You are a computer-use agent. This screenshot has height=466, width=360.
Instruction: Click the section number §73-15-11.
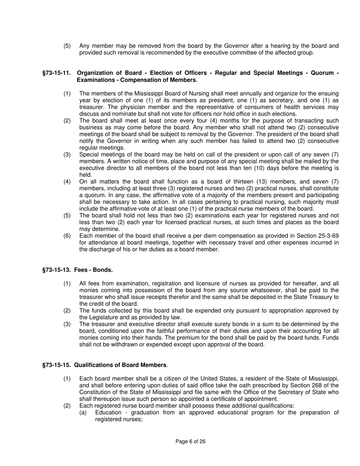[56, 73]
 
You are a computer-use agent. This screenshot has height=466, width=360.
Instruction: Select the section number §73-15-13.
[56, 270]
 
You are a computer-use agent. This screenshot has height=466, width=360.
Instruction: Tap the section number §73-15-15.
[56, 365]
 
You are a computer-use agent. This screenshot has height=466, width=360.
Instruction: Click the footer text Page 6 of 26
[191, 441]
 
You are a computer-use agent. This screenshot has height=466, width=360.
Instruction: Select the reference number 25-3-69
[327, 236]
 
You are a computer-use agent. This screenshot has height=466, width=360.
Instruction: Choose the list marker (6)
[67, 236]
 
